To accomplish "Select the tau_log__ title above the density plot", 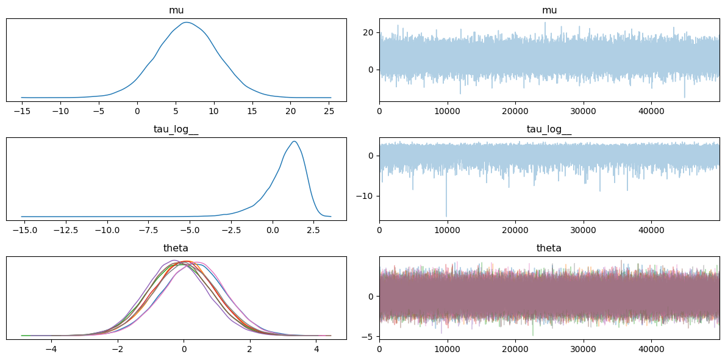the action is pyautogui.click(x=176, y=129).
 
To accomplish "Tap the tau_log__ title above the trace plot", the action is pyautogui.click(x=549, y=129).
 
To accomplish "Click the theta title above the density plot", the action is pyautogui.click(x=176, y=248).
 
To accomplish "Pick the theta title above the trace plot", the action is pyautogui.click(x=549, y=248).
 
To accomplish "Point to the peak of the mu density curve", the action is pyautogui.click(x=186, y=22).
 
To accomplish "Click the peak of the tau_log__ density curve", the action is pyautogui.click(x=294, y=141).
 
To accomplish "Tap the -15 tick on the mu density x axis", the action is pyautogui.click(x=22, y=110).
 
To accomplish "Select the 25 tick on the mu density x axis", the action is pyautogui.click(x=329, y=110).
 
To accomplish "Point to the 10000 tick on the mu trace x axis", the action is pyautogui.click(x=447, y=110).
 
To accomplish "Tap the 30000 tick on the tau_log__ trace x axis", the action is pyautogui.click(x=583, y=229).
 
